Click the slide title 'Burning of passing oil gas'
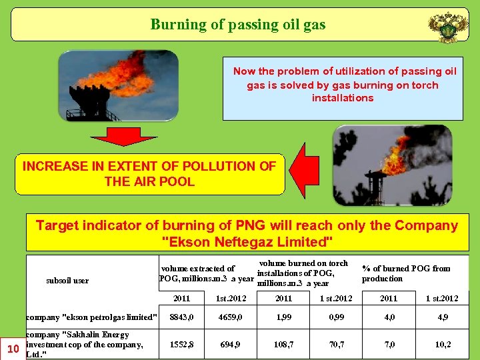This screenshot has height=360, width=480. [238, 25]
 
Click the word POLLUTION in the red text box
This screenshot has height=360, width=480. [212, 167]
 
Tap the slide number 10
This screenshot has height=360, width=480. [13, 348]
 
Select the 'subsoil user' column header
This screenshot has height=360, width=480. [67, 281]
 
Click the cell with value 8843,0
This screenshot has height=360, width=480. [182, 317]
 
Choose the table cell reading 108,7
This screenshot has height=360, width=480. [285, 345]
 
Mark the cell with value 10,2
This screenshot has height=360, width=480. [443, 345]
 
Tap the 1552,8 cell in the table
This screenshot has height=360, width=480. [182, 345]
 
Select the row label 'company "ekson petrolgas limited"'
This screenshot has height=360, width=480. [92, 317]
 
